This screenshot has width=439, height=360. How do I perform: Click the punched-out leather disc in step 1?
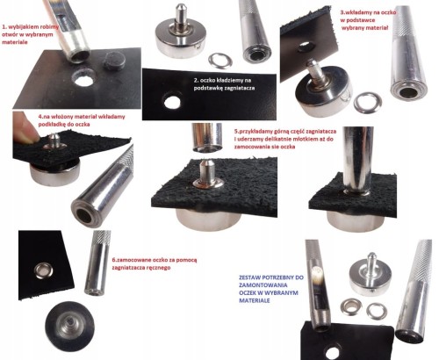point(115,61)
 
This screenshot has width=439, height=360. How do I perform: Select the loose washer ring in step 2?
point(220,61)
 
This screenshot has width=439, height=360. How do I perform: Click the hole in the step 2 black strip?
point(172,102)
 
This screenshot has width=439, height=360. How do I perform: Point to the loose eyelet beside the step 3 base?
point(368,103)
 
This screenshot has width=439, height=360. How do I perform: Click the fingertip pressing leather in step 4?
point(26,128)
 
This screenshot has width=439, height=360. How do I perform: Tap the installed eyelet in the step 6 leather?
point(44,270)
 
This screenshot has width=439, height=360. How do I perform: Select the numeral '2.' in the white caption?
point(197,80)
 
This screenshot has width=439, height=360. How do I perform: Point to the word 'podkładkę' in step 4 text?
point(53,124)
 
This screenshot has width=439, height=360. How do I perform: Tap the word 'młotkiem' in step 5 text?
point(298,139)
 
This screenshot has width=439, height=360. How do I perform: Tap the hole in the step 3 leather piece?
point(305,47)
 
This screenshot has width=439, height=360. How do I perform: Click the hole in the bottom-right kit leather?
point(332,353)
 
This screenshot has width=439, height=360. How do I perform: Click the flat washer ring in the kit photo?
point(377,311)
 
